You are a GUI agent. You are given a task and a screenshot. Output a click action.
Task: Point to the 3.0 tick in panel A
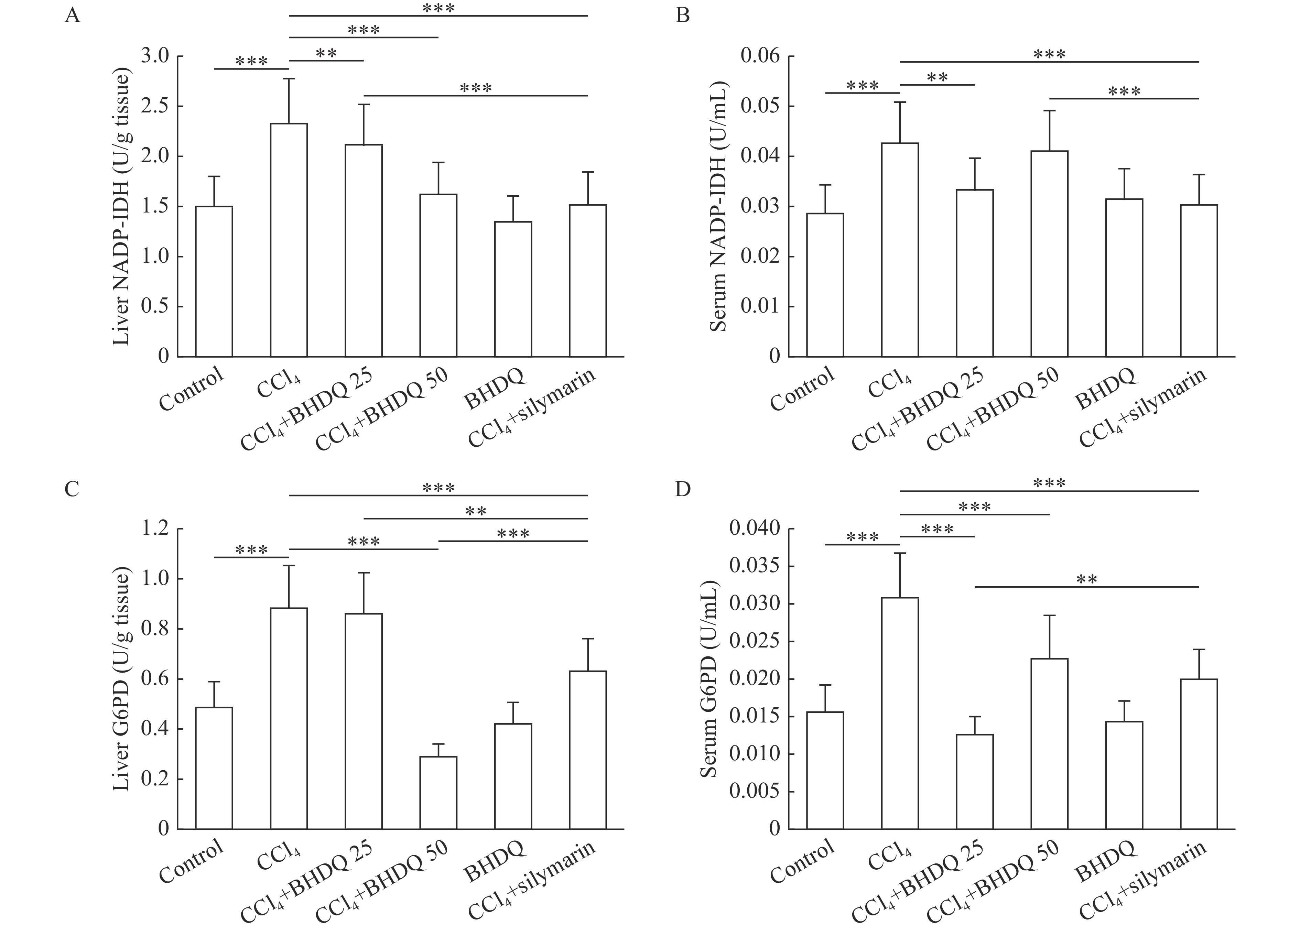(x=155, y=56)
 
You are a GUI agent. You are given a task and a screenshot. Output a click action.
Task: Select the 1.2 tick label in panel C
(x=155, y=529)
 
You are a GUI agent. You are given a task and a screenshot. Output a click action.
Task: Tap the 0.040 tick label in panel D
(x=754, y=529)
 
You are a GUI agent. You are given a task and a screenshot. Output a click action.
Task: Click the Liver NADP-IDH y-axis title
(x=121, y=206)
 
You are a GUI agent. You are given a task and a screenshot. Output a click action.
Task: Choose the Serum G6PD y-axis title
(x=709, y=679)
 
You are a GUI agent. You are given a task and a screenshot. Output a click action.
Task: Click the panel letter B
(x=682, y=15)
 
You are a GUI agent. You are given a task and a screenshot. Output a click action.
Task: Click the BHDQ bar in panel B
(x=1124, y=278)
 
